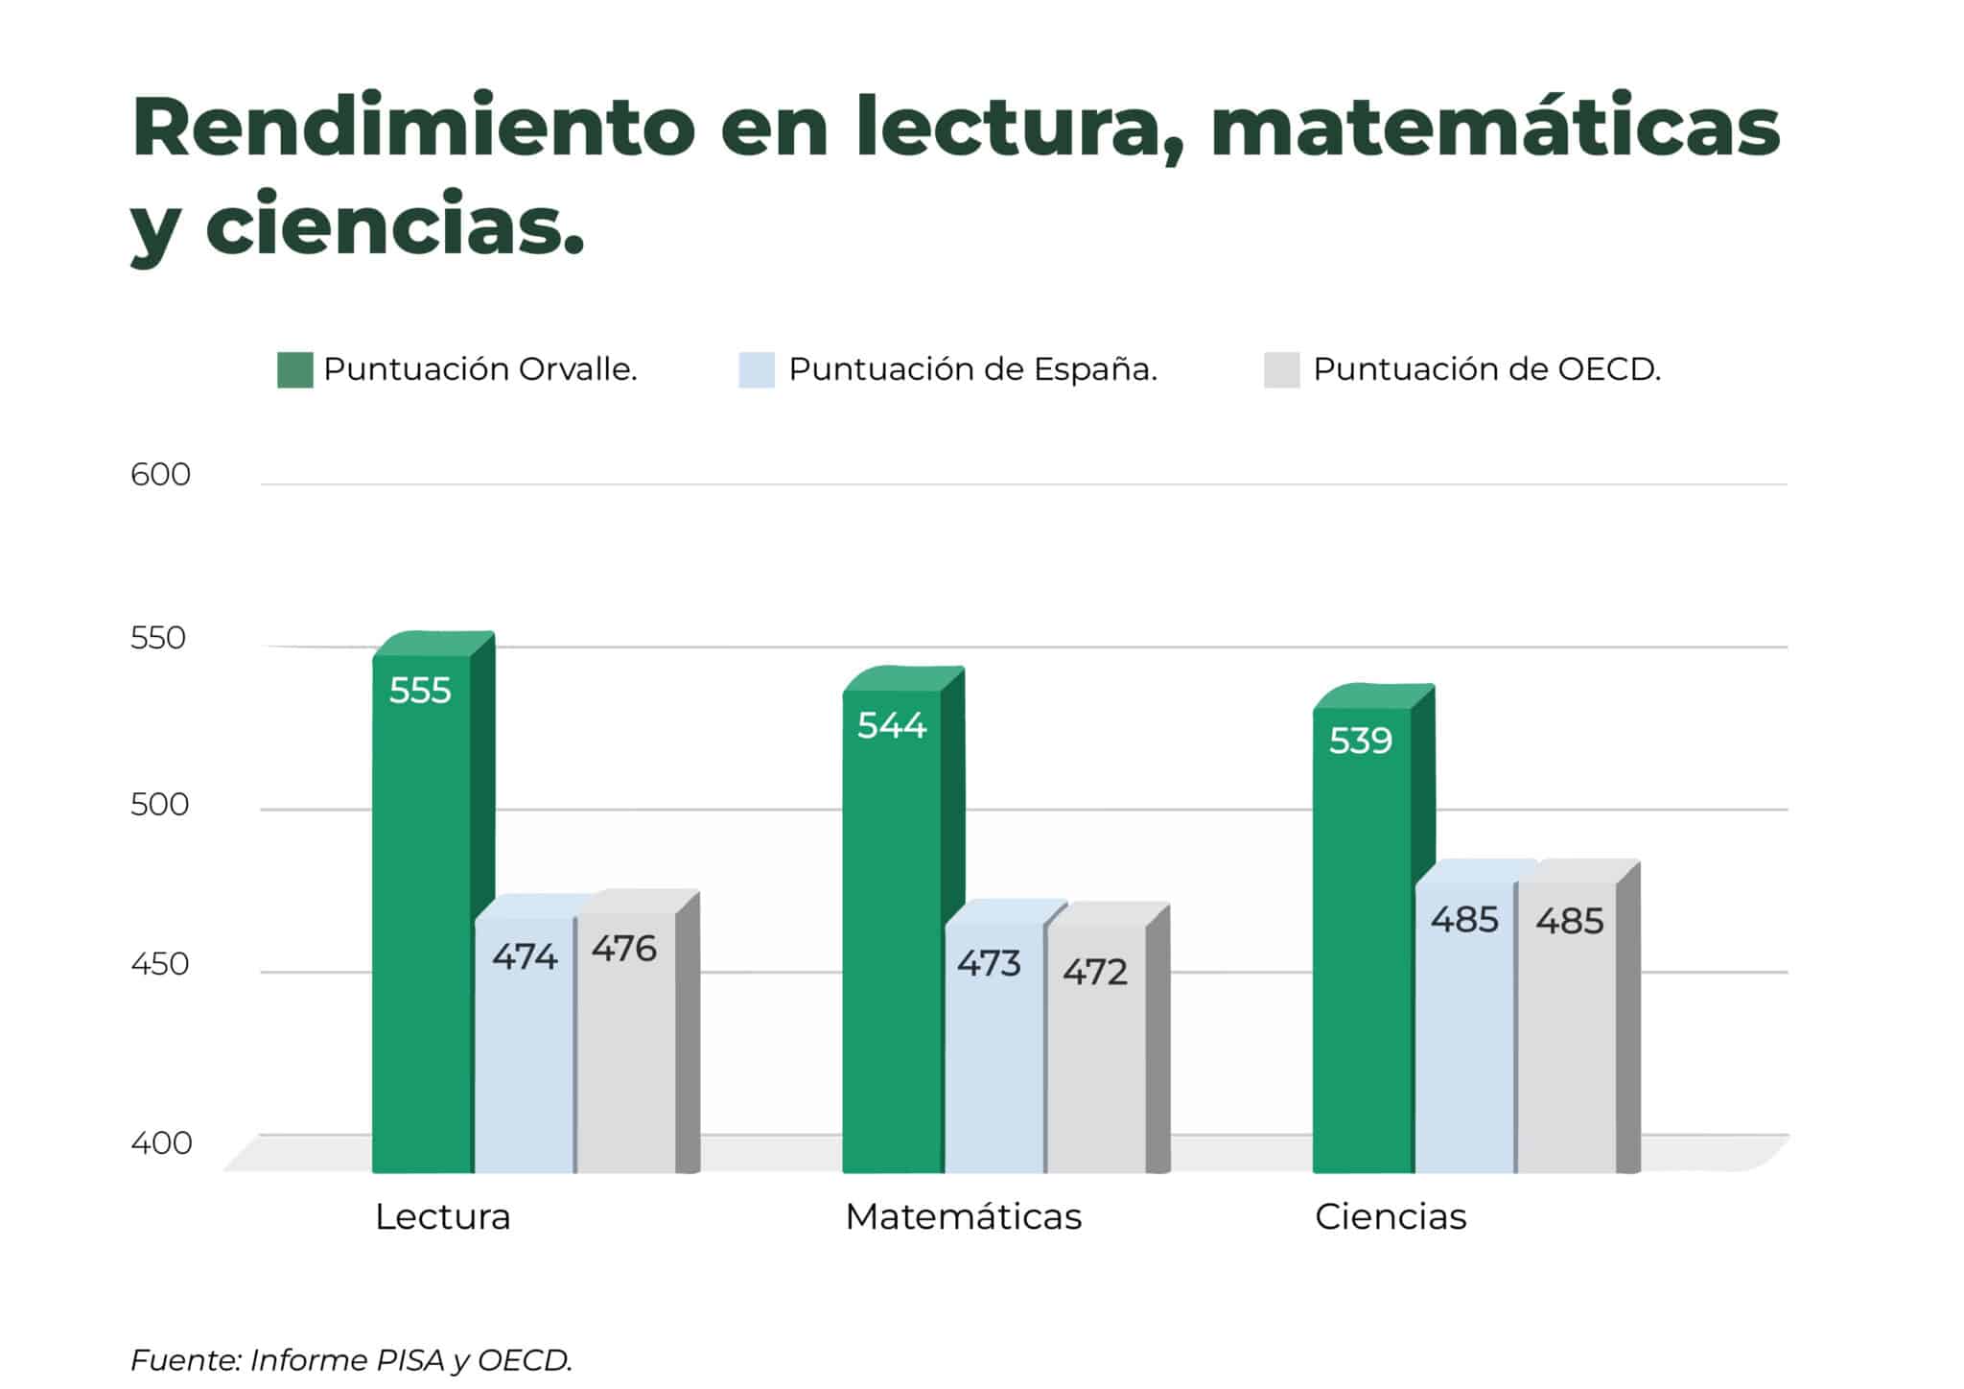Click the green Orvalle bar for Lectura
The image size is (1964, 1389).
pos(422,911)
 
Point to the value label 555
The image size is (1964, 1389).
pos(420,691)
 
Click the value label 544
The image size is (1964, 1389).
pos(892,725)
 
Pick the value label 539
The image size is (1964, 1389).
pos(1361,741)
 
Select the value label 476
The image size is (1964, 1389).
pos(624,949)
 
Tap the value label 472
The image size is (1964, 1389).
pos(1095,972)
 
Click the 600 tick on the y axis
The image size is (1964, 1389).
pos(160,475)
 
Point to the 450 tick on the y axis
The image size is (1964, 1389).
pos(160,963)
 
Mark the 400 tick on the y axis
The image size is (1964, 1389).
pos(161,1142)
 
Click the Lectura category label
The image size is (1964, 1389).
pos(442,1216)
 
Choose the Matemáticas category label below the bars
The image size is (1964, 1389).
pos(963,1216)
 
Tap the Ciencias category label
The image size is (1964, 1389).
pos(1391,1216)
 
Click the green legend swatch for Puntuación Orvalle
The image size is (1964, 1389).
pos(295,370)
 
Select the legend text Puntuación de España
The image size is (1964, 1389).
pos(972,369)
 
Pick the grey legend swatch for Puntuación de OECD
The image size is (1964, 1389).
pos(1281,370)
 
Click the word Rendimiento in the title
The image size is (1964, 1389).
pos(413,128)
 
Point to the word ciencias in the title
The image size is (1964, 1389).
pos(394,224)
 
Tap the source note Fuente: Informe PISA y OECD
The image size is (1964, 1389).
pos(351,1359)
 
